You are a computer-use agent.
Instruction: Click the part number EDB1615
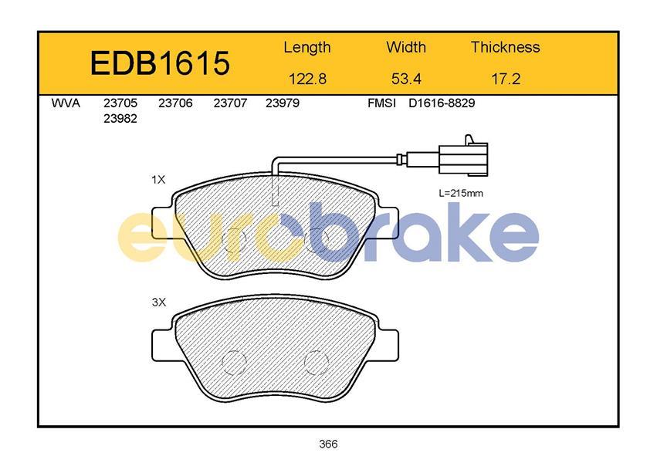160,63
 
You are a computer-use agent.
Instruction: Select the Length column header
307,48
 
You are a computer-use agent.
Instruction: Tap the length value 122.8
307,79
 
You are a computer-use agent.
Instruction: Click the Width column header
406,47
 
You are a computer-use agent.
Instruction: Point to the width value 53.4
406,79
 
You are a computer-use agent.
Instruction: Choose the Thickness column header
506,47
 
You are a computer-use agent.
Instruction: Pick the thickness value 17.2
506,79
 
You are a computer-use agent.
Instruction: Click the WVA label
66,103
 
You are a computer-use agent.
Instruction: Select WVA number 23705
120,103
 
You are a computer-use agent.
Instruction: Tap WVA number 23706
175,103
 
